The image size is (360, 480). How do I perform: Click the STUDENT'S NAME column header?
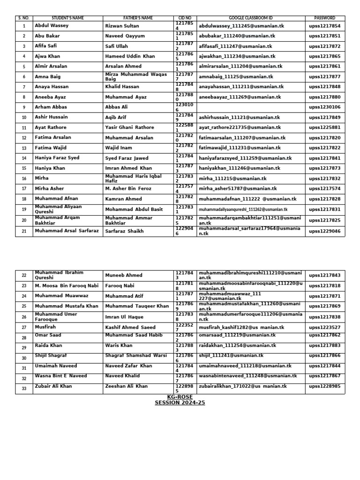(x=67, y=18)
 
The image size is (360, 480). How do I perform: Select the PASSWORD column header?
(x=325, y=18)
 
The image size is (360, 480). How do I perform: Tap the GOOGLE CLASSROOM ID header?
(x=251, y=18)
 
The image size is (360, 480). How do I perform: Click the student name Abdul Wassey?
(x=52, y=26)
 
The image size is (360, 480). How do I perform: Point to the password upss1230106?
(x=325, y=107)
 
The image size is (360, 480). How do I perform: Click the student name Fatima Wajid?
(x=51, y=148)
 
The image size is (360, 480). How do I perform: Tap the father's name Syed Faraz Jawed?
(x=127, y=158)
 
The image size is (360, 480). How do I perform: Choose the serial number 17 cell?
(x=24, y=189)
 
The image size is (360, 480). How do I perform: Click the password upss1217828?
(x=325, y=199)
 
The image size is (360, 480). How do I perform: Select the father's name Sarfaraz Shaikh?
(x=124, y=231)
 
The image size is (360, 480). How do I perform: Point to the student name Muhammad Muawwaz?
(x=60, y=296)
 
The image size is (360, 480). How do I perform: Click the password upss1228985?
(x=325, y=387)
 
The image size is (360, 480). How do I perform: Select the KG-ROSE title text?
(x=180, y=397)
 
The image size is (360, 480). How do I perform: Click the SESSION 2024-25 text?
(x=180, y=403)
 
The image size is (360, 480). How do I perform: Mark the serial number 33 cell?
(x=24, y=388)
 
